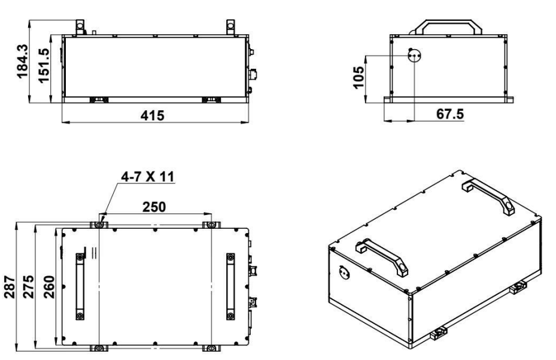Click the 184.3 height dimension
click(x=22, y=60)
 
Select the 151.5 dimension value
click(x=44, y=66)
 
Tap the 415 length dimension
click(x=153, y=116)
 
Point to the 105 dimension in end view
click(x=358, y=77)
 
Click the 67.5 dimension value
click(x=449, y=114)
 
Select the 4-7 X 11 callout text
click(x=147, y=177)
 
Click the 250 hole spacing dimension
click(x=154, y=207)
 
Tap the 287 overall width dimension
click(x=10, y=287)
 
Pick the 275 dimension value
click(x=29, y=287)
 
